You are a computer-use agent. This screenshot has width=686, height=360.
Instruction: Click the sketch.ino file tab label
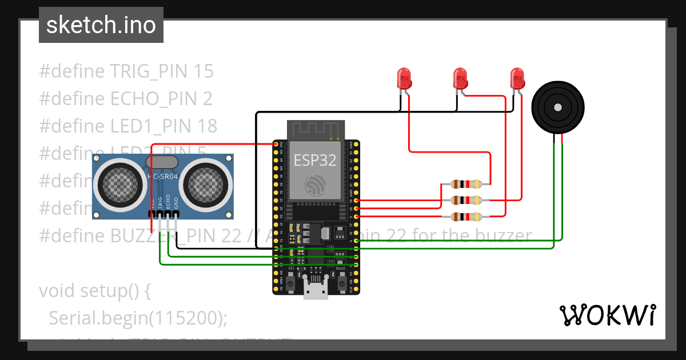[x=101, y=25]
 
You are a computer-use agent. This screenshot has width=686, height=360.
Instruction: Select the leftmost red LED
[x=404, y=78]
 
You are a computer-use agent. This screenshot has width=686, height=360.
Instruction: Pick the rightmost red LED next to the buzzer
[x=517, y=78]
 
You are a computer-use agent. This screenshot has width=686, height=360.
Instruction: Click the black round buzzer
[x=558, y=107]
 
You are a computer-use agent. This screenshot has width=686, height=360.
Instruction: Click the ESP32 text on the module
[x=315, y=160]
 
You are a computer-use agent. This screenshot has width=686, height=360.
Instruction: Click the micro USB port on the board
[x=316, y=292]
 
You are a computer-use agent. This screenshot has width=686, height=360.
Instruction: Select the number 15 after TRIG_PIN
[x=204, y=71]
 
